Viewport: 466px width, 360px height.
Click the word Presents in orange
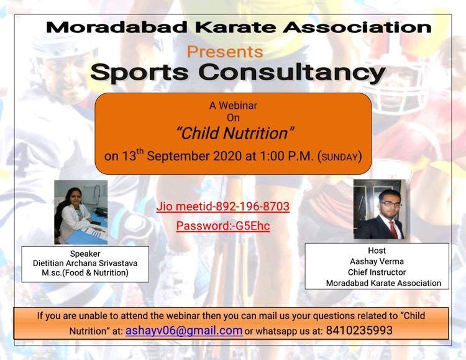point(225,52)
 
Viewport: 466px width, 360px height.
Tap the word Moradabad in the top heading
point(117,27)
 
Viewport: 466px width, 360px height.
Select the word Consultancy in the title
point(292,73)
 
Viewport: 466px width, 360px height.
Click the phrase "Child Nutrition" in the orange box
point(235,133)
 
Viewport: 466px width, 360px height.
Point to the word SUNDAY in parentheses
point(339,157)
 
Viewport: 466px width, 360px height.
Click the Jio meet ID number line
point(223,206)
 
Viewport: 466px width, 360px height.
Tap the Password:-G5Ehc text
point(223,226)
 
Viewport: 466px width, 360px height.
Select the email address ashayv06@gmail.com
point(184,331)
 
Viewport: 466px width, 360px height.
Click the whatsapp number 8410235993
point(359,330)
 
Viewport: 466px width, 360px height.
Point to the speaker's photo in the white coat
point(81,212)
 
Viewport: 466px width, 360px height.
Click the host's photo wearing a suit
point(380,209)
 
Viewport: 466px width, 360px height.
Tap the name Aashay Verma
point(377,262)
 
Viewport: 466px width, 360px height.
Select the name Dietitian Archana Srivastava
point(85,263)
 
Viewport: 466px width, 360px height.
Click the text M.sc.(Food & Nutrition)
point(85,273)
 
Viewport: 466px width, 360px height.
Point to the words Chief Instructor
point(377,272)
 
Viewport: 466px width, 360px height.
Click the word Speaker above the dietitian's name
point(85,254)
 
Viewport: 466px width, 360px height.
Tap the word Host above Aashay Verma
point(377,251)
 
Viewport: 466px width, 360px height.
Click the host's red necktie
point(393,229)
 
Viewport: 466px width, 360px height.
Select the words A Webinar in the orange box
point(233,106)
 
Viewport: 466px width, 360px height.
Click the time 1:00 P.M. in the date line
point(287,156)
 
